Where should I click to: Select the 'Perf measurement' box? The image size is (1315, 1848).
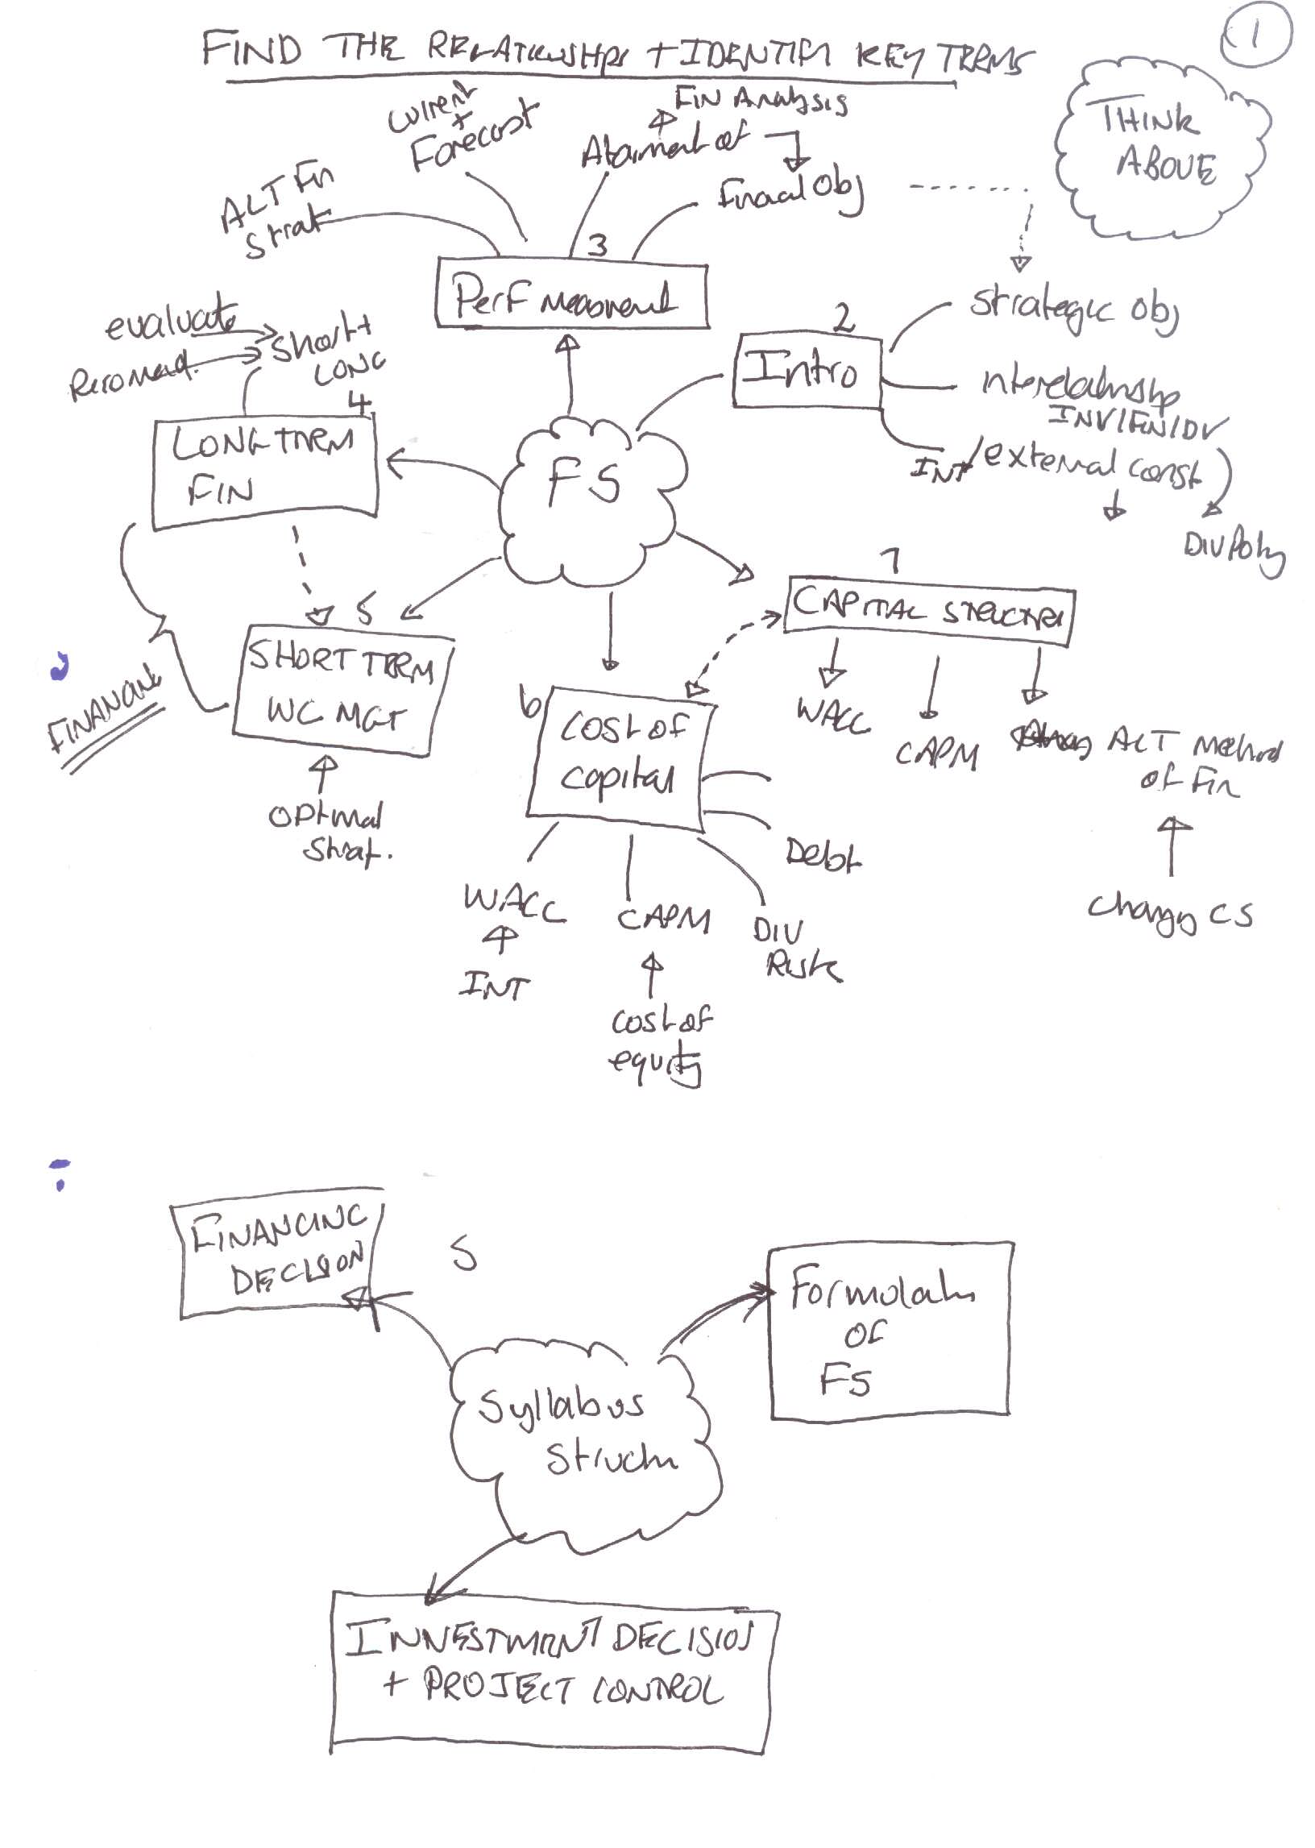(571, 295)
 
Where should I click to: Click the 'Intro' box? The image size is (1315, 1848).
(806, 371)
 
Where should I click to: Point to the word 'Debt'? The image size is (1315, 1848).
(823, 854)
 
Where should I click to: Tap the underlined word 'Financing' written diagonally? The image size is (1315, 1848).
(103, 711)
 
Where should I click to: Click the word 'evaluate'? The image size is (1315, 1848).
(172, 320)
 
